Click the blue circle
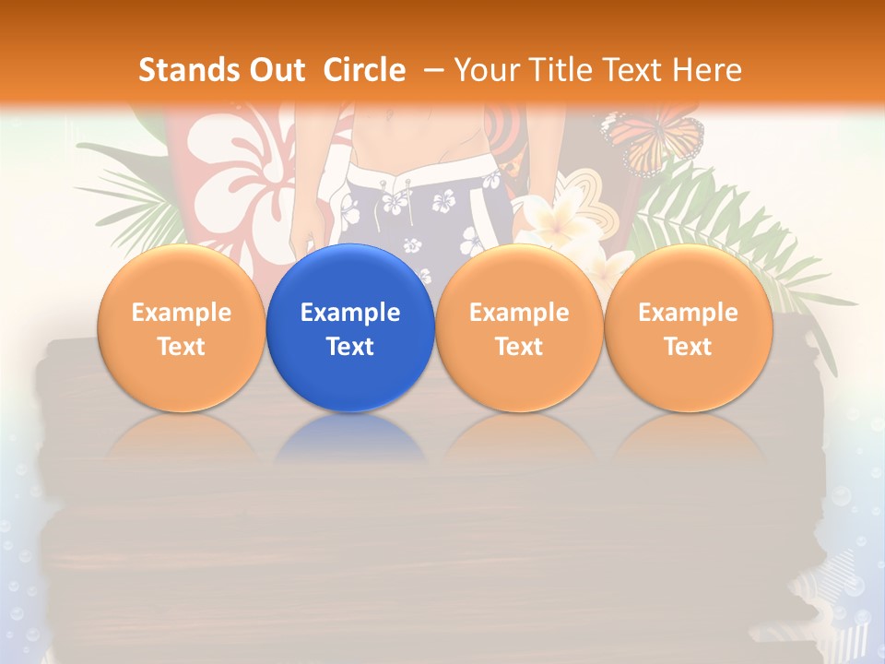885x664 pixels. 350,327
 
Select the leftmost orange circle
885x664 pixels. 181,327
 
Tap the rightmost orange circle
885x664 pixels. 688,327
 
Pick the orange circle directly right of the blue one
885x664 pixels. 519,327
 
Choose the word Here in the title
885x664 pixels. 710,70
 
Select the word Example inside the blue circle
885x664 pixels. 350,313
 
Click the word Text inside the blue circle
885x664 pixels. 350,347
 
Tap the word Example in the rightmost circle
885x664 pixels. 688,313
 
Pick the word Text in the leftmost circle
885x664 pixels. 181,347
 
